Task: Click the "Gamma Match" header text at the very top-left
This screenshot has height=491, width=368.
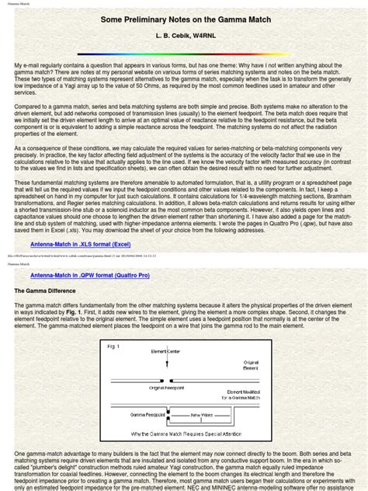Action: point(19,3)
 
